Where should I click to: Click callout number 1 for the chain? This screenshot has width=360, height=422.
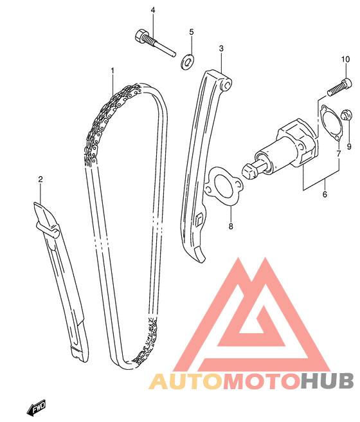pyautogui.click(x=113, y=71)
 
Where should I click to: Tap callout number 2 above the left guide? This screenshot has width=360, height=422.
pyautogui.click(x=40, y=179)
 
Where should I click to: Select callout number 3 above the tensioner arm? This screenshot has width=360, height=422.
pyautogui.click(x=221, y=48)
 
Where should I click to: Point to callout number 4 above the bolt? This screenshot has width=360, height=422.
pyautogui.click(x=153, y=10)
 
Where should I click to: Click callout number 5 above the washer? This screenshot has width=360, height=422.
pyautogui.click(x=192, y=32)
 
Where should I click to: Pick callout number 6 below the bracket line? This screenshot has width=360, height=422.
pyautogui.click(x=325, y=194)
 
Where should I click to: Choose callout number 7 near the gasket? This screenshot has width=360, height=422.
pyautogui.click(x=339, y=154)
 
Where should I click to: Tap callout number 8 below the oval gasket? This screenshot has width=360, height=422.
pyautogui.click(x=231, y=226)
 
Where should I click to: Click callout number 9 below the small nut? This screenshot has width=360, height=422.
pyautogui.click(x=349, y=147)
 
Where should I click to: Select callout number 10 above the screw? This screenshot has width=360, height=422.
pyautogui.click(x=346, y=59)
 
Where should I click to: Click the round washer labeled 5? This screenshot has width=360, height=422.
pyautogui.click(x=187, y=62)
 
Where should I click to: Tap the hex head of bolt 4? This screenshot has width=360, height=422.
pyautogui.click(x=139, y=36)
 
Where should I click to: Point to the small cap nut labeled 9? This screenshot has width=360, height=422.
pyautogui.click(x=346, y=115)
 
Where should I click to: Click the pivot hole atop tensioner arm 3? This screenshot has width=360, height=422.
pyautogui.click(x=227, y=86)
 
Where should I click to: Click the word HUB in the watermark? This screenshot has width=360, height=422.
pyautogui.click(x=327, y=381)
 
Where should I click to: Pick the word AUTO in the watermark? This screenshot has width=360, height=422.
pyautogui.click(x=186, y=381)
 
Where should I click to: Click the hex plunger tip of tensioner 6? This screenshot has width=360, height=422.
pyautogui.click(x=249, y=171)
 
